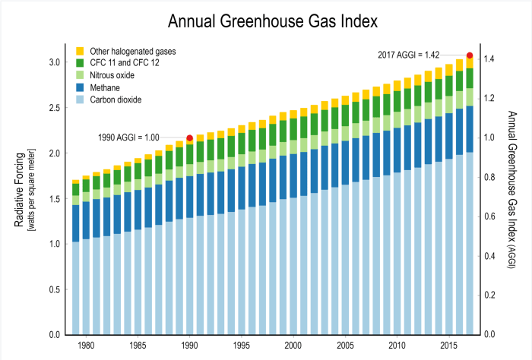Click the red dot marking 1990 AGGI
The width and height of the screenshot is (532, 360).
tap(189, 138)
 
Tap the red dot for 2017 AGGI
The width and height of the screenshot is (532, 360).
tap(470, 55)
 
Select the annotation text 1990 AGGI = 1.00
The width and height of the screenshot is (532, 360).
tap(129, 138)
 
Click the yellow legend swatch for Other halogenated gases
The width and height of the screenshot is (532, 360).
tap(80, 50)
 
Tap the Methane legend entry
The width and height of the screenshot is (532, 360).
tap(106, 87)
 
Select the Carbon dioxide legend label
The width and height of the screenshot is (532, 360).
tap(116, 99)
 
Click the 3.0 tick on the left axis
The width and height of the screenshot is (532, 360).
tap(55, 62)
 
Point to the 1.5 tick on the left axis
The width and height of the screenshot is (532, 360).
tap(55, 198)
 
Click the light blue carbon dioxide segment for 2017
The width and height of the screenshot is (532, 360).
tap(470, 243)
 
